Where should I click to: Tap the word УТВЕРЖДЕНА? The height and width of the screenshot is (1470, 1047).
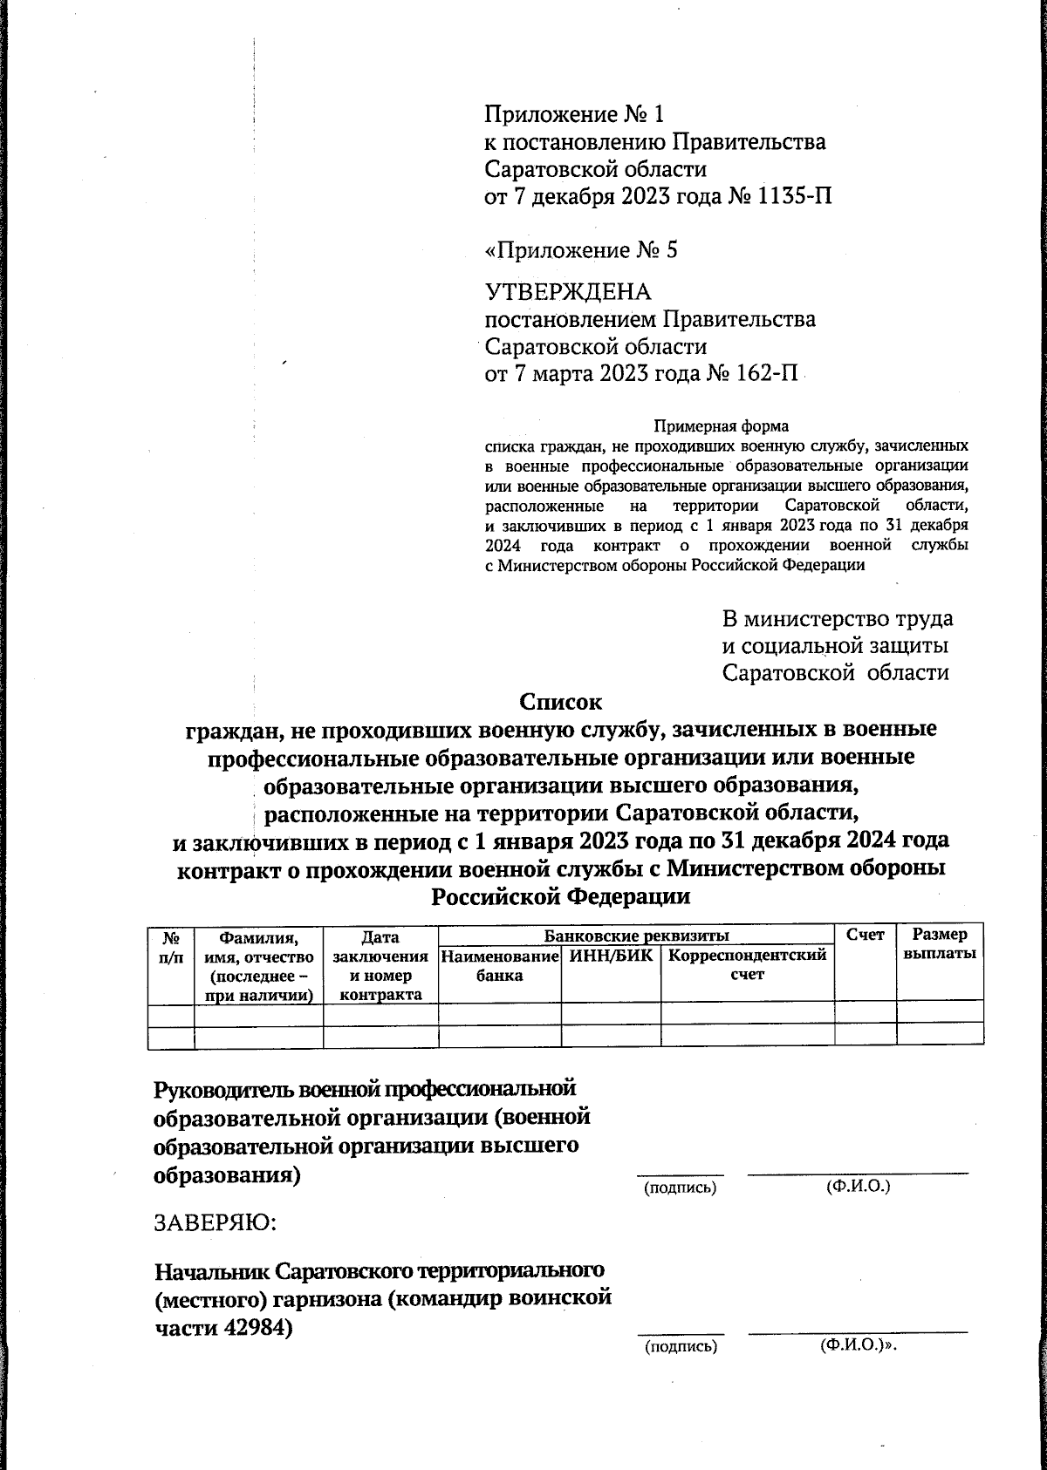coord(567,291)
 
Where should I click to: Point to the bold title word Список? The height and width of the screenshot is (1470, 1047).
coord(560,701)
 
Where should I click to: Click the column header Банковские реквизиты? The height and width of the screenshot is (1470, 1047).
coord(636,936)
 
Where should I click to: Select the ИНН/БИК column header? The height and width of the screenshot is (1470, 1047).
coord(611,956)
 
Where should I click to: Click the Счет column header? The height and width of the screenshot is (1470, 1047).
coord(866,935)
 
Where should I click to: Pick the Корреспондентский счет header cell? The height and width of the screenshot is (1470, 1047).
coord(747,964)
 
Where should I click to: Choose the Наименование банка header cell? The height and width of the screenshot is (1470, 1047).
coord(499,965)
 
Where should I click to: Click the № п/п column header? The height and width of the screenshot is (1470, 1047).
coord(172,945)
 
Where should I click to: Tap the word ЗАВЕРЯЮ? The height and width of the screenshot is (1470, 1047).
coord(215,1222)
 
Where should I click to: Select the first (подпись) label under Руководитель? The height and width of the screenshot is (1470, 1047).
coord(680,1188)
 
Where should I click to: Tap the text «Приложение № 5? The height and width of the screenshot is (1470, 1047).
coord(581,251)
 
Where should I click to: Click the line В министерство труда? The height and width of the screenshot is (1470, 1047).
coord(837,619)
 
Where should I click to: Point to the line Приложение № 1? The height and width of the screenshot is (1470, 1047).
coord(574,113)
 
